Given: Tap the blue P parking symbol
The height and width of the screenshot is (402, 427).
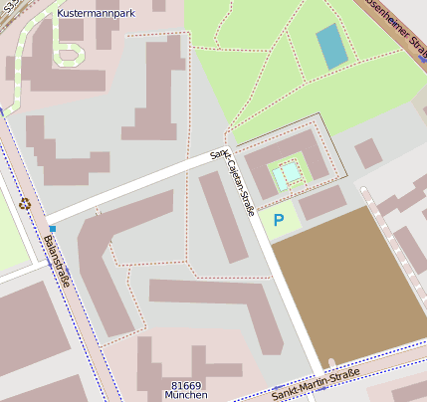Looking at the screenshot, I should pyautogui.click(x=279, y=220).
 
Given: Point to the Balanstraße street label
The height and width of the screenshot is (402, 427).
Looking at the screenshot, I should pyautogui.click(x=57, y=261).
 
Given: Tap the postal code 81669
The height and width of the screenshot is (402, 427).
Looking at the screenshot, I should pyautogui.click(x=186, y=385).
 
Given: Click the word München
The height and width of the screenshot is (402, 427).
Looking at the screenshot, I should pyautogui.click(x=186, y=395).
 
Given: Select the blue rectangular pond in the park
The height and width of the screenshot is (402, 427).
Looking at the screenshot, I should pyautogui.click(x=331, y=46).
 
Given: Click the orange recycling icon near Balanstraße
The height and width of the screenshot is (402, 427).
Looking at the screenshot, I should pyautogui.click(x=25, y=203).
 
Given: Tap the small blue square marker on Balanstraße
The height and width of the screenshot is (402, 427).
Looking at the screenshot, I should pyautogui.click(x=52, y=229).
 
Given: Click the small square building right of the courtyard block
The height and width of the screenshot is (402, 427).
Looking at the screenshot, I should pyautogui.click(x=368, y=153).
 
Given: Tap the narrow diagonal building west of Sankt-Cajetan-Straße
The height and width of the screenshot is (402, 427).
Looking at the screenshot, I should pyautogui.click(x=223, y=217).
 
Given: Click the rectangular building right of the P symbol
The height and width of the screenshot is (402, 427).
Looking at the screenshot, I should pyautogui.click(x=320, y=203).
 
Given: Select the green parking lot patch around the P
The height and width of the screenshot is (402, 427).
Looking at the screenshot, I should pyautogui.click(x=283, y=222).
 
